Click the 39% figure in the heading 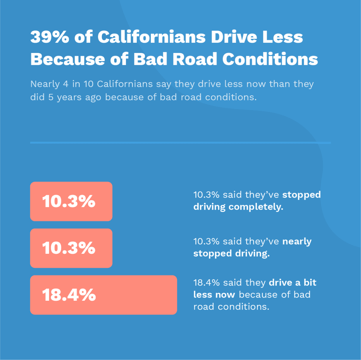pos(49,37)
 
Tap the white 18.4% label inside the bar pos(69,295)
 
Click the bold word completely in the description pos(256,207)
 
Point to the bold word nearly pos(297,241)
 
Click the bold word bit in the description pos(307,283)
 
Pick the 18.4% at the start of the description pos(206,283)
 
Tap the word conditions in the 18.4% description pos(243,306)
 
